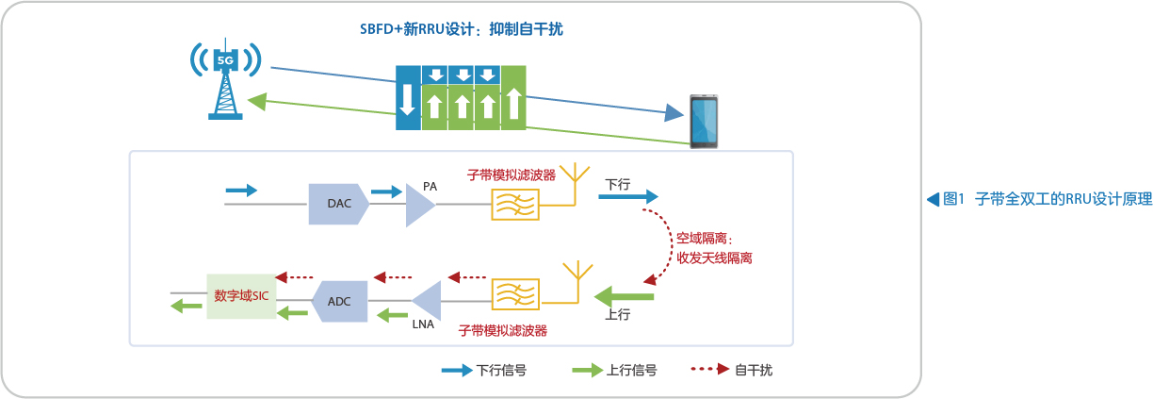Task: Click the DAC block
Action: (x=338, y=204)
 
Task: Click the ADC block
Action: (x=339, y=301)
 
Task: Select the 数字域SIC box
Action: (x=241, y=296)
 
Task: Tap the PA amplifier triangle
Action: (x=419, y=205)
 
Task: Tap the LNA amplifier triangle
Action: (x=429, y=301)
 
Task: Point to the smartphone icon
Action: (x=704, y=121)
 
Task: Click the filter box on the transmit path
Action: (x=515, y=205)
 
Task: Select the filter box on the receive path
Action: (x=515, y=294)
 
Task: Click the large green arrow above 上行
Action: (x=624, y=296)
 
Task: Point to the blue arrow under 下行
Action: (x=628, y=196)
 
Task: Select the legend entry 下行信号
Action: (x=484, y=370)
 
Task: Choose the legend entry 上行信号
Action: (x=614, y=370)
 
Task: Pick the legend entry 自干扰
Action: (x=731, y=370)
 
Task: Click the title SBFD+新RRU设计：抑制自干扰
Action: (x=462, y=29)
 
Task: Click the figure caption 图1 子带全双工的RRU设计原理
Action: (x=1040, y=199)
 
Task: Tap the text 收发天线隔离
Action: (x=714, y=258)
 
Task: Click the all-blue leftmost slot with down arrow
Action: (x=408, y=98)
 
